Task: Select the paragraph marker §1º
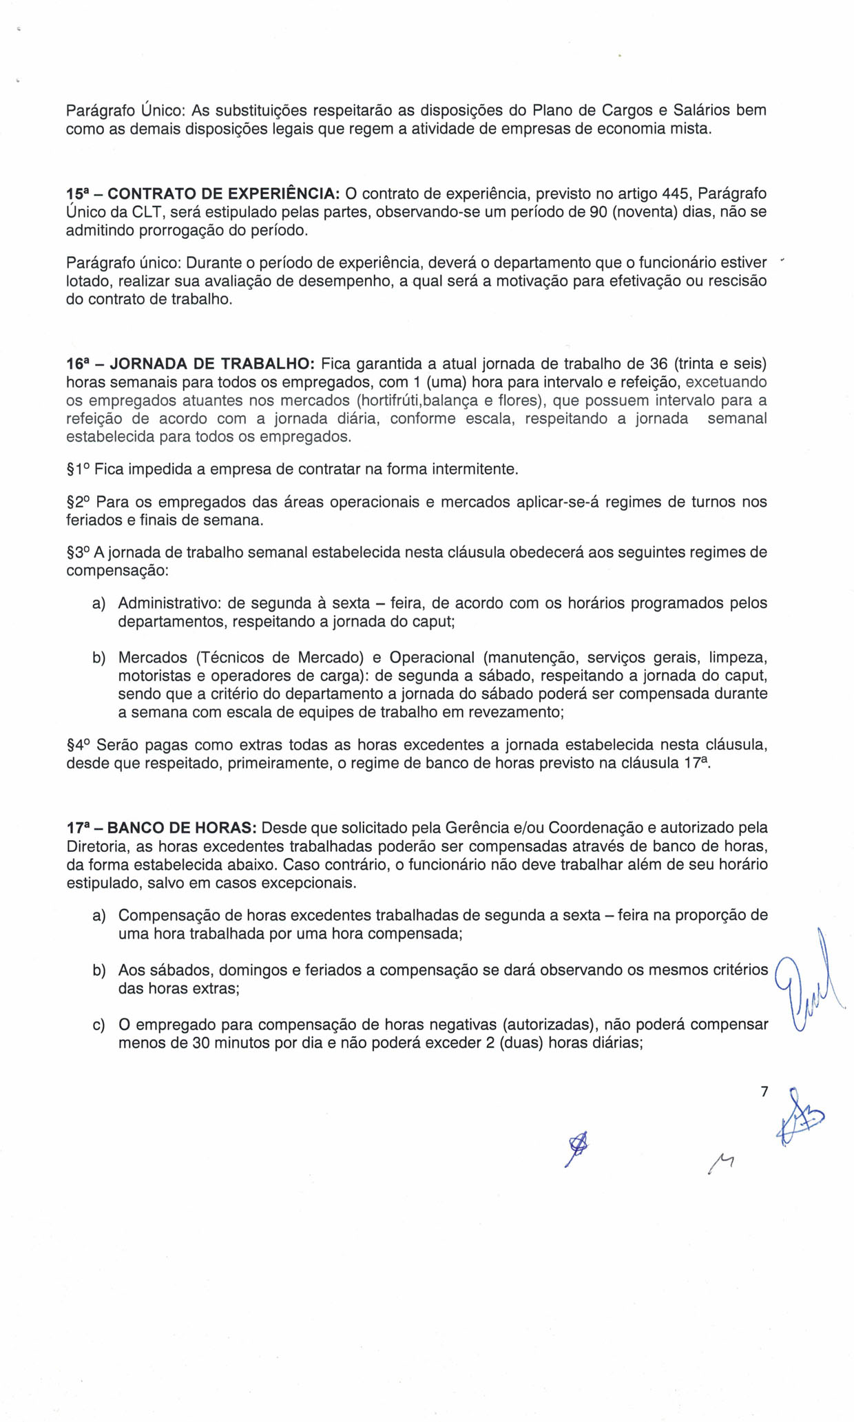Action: (78, 470)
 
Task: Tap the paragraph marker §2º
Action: (79, 502)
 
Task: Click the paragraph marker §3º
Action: (78, 552)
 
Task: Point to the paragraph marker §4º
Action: (79, 744)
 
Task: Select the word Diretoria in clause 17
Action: (96, 846)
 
